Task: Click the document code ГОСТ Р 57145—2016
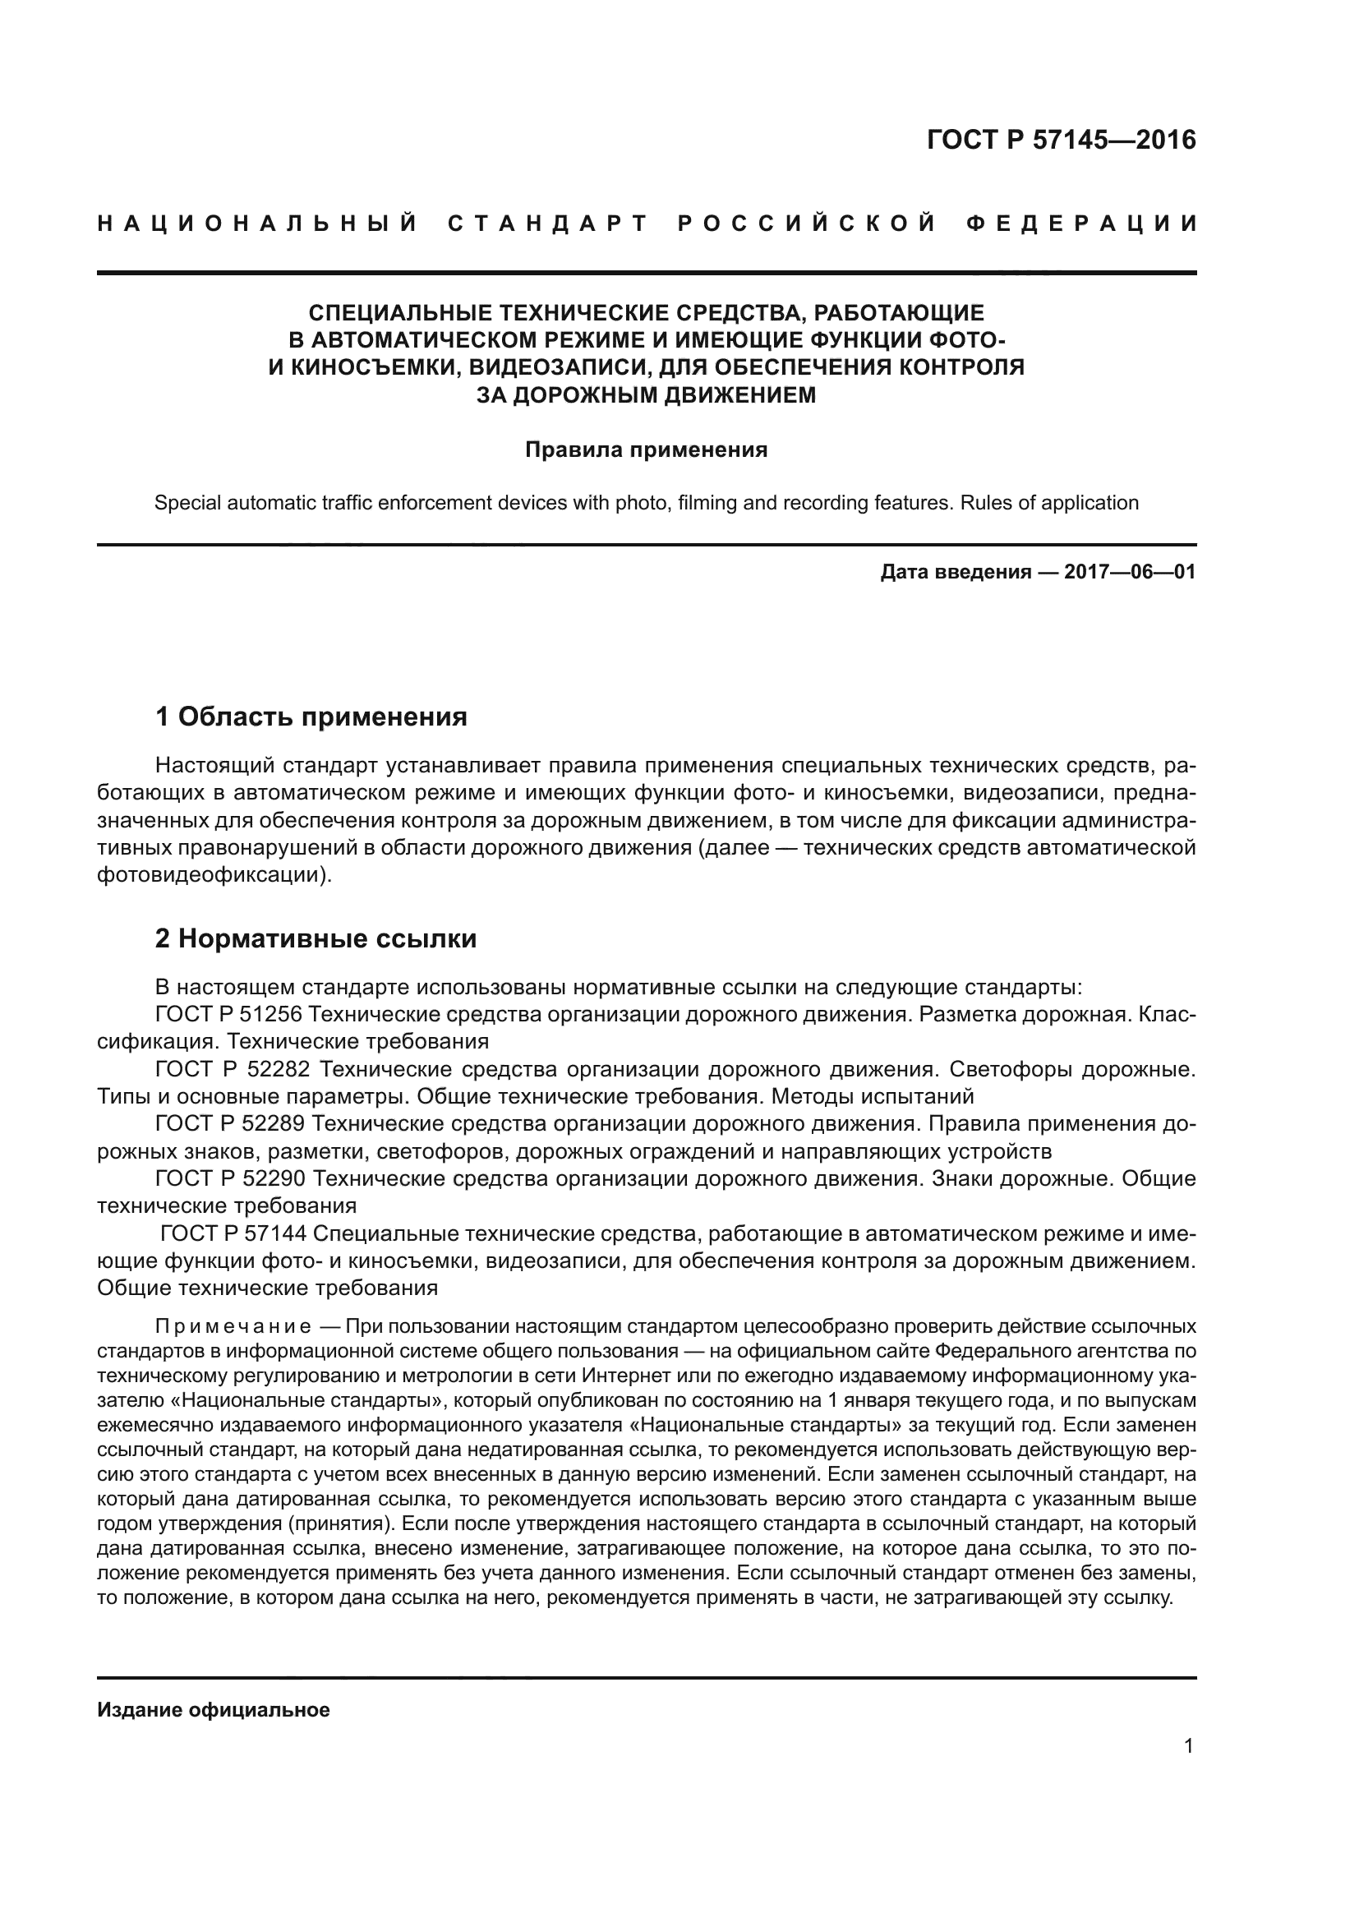(1060, 140)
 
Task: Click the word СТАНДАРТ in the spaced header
(548, 224)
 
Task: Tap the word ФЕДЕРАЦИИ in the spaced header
(1081, 224)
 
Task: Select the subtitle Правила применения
(646, 450)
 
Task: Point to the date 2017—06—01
(1129, 573)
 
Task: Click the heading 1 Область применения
(311, 717)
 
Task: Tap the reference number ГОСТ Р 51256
(228, 1015)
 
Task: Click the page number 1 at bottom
(1189, 1746)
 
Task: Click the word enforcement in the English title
(435, 503)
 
